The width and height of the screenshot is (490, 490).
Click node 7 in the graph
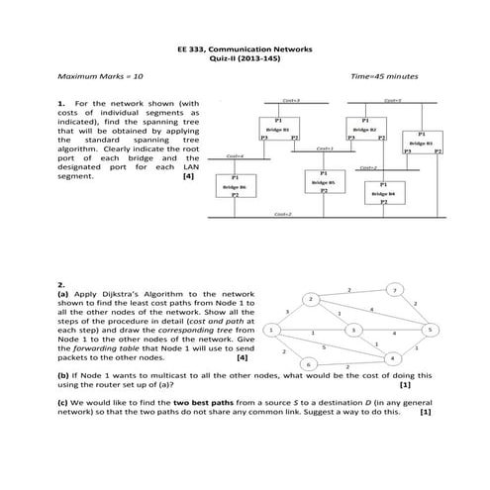tap(395, 290)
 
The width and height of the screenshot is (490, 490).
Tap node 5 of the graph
tap(430, 329)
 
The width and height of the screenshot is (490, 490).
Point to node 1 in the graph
tap(270, 329)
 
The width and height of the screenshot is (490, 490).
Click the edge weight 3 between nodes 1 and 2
tap(287, 311)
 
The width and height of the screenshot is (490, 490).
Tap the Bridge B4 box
tap(383, 194)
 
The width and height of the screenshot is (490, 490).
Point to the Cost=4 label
tap(235, 156)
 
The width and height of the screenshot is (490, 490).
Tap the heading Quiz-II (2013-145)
tap(245, 56)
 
